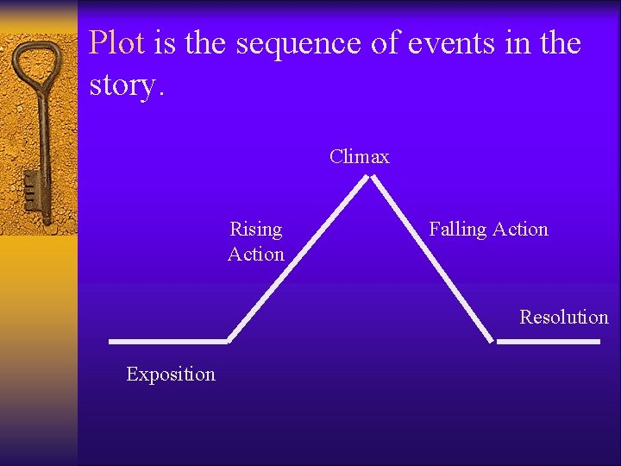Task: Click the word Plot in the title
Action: click(116, 42)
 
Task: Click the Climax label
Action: click(360, 157)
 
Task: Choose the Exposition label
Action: click(171, 374)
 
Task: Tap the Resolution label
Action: click(563, 317)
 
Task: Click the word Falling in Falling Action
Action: click(458, 230)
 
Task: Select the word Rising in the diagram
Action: click(256, 230)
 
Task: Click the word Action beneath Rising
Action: click(256, 254)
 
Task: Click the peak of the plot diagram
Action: click(369, 178)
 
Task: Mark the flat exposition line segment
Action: click(168, 341)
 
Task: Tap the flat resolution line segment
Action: click(549, 342)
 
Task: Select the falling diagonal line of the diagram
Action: click(431, 259)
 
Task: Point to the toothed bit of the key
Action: click(32, 189)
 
